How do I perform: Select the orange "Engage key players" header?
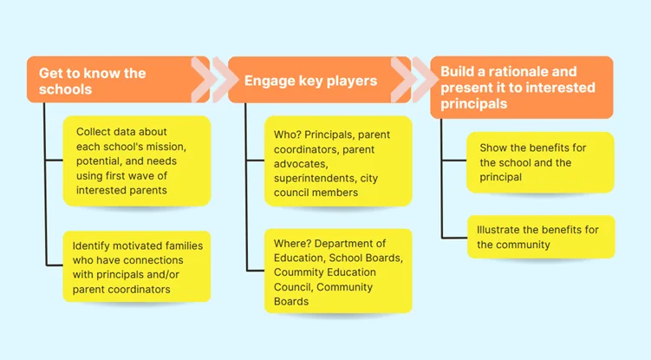click(x=312, y=80)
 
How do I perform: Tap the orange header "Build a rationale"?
click(x=521, y=87)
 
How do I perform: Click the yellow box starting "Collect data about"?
click(x=137, y=160)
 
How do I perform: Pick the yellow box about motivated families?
click(x=137, y=265)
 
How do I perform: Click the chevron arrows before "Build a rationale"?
click(x=420, y=80)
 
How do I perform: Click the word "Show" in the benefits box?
click(x=493, y=147)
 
